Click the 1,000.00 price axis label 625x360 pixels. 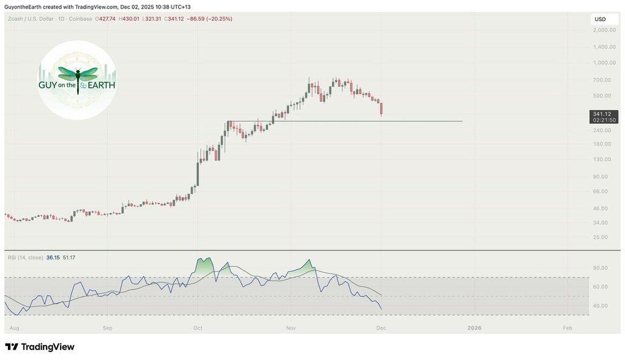click(x=604, y=62)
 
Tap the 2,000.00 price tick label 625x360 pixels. click(x=604, y=30)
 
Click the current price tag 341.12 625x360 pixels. click(x=604, y=114)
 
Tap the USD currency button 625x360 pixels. click(x=600, y=19)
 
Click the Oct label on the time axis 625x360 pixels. click(x=197, y=328)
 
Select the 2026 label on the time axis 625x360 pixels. click(x=474, y=328)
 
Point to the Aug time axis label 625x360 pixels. click(x=15, y=328)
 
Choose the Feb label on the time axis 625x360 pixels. click(x=567, y=328)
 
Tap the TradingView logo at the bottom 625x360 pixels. click(x=40, y=347)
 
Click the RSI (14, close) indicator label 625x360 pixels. click(x=25, y=258)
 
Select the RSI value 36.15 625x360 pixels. click(x=53, y=258)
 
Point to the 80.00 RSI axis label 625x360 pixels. click(x=600, y=268)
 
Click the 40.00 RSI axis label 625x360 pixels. click(x=600, y=306)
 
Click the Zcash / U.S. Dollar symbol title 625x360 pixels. click(x=28, y=19)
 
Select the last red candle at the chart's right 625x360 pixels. click(x=381, y=109)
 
